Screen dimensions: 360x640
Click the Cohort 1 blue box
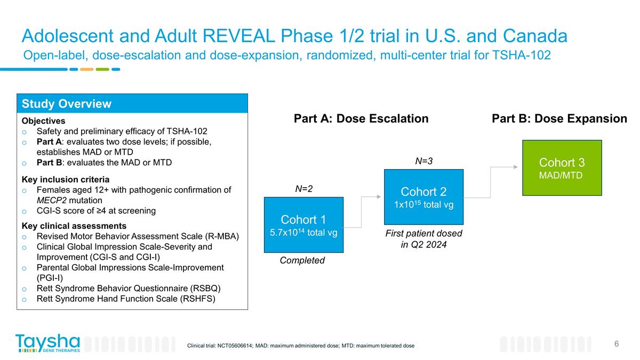pyautogui.click(x=303, y=225)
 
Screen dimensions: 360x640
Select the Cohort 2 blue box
pyautogui.click(x=424, y=197)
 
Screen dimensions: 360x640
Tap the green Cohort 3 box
pyautogui.click(x=562, y=167)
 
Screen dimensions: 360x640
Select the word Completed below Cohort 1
pyautogui.click(x=302, y=260)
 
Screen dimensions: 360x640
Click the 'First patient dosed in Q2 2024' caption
pyautogui.click(x=423, y=239)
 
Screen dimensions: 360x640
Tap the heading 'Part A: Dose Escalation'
pyautogui.click(x=361, y=119)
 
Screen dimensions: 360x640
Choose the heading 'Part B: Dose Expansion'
pyautogui.click(x=559, y=119)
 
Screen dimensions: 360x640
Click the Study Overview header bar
pyautogui.click(x=133, y=103)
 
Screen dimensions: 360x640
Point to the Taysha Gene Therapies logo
pyautogui.click(x=48, y=343)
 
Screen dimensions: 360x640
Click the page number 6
pyautogui.click(x=617, y=343)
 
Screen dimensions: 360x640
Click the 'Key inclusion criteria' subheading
pyautogui.click(x=66, y=179)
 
